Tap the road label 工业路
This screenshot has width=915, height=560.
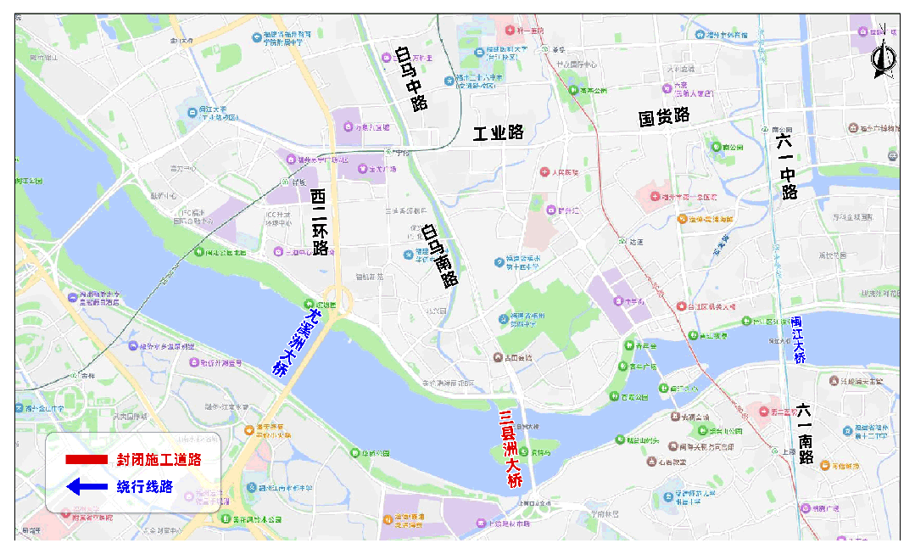coord(499,133)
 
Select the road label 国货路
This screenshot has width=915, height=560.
coord(664,117)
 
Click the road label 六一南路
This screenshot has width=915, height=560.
coord(805,433)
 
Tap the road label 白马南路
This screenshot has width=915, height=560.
coord(439,256)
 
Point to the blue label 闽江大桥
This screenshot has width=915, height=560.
coord(798,339)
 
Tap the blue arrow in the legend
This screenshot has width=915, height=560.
coord(86,487)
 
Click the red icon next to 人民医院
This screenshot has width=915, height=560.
coord(545,172)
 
